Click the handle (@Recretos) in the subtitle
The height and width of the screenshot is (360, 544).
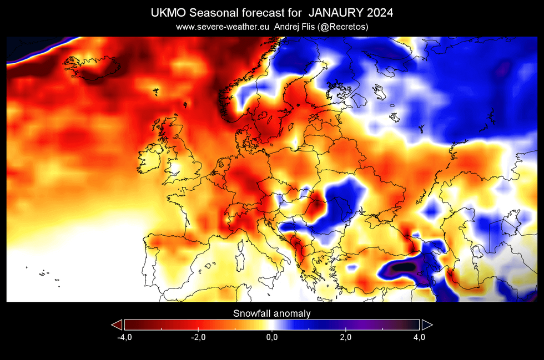click(x=340, y=27)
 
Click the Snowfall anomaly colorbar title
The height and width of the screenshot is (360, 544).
click(x=271, y=313)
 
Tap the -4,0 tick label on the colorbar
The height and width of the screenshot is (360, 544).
click(x=124, y=337)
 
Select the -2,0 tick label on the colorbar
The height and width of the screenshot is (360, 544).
click(x=198, y=337)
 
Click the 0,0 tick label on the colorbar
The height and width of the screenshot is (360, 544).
click(x=271, y=337)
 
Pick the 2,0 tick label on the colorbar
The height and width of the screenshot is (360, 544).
click(x=345, y=337)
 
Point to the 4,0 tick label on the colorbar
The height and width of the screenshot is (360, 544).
click(x=419, y=337)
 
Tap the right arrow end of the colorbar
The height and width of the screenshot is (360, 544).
click(x=427, y=325)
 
